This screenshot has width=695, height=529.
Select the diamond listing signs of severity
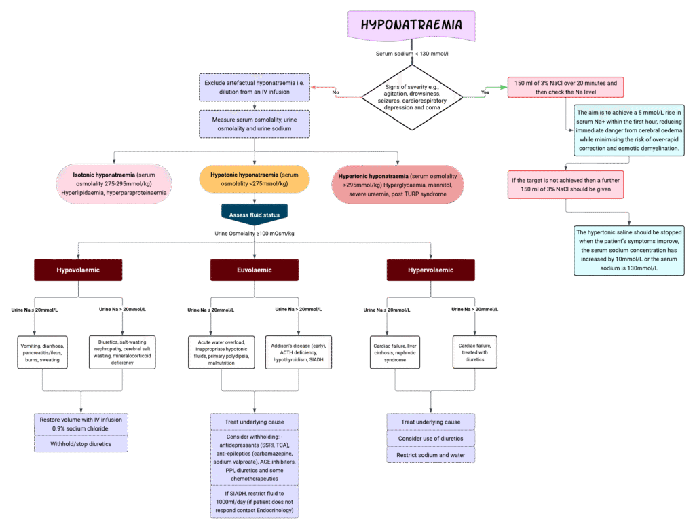click(x=412, y=97)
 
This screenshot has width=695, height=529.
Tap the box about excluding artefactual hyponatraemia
click(x=255, y=88)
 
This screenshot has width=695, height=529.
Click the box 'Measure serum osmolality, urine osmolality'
click(x=255, y=124)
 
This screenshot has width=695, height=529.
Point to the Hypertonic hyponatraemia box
click(x=398, y=184)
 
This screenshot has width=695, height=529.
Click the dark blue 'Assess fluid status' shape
click(x=255, y=214)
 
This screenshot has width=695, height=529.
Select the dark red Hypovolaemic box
click(x=78, y=270)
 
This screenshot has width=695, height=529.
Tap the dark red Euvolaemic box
click(x=255, y=270)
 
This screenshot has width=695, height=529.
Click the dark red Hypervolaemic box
click(x=431, y=270)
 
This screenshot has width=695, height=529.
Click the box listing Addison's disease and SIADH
click(x=299, y=351)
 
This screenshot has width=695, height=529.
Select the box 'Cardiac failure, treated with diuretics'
click(x=475, y=351)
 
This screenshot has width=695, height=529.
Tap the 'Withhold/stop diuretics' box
click(x=80, y=444)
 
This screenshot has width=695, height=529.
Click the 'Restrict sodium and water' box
click(x=431, y=454)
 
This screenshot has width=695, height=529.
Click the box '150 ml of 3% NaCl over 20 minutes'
click(x=565, y=87)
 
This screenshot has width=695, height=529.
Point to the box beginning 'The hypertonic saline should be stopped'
click(x=629, y=251)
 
